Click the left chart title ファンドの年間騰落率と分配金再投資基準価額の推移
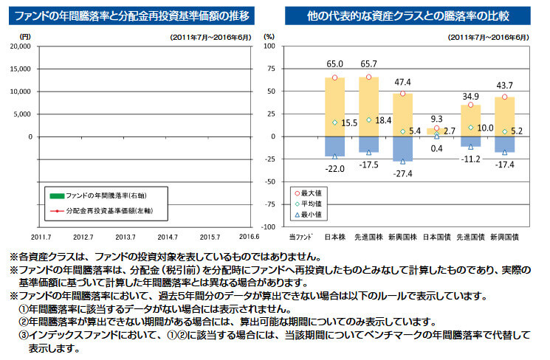131,15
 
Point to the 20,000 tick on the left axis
20,46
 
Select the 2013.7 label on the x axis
125,236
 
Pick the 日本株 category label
335,236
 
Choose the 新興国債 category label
506,236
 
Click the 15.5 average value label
350,122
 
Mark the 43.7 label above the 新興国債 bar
505,86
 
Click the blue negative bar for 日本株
334,146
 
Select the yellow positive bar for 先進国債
471,120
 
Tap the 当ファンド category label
300,236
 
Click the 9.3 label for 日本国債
436,118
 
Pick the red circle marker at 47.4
402,94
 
